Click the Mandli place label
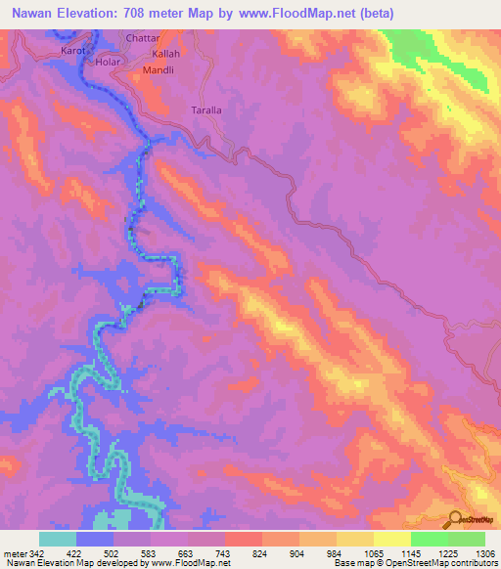click(x=159, y=71)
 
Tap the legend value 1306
click(x=485, y=553)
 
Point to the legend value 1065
click(x=374, y=553)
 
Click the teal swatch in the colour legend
click(x=58, y=539)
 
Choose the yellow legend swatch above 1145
click(x=392, y=539)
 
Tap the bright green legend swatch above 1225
click(x=430, y=539)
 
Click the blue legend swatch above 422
click(x=95, y=539)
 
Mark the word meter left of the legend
click(x=14, y=553)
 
